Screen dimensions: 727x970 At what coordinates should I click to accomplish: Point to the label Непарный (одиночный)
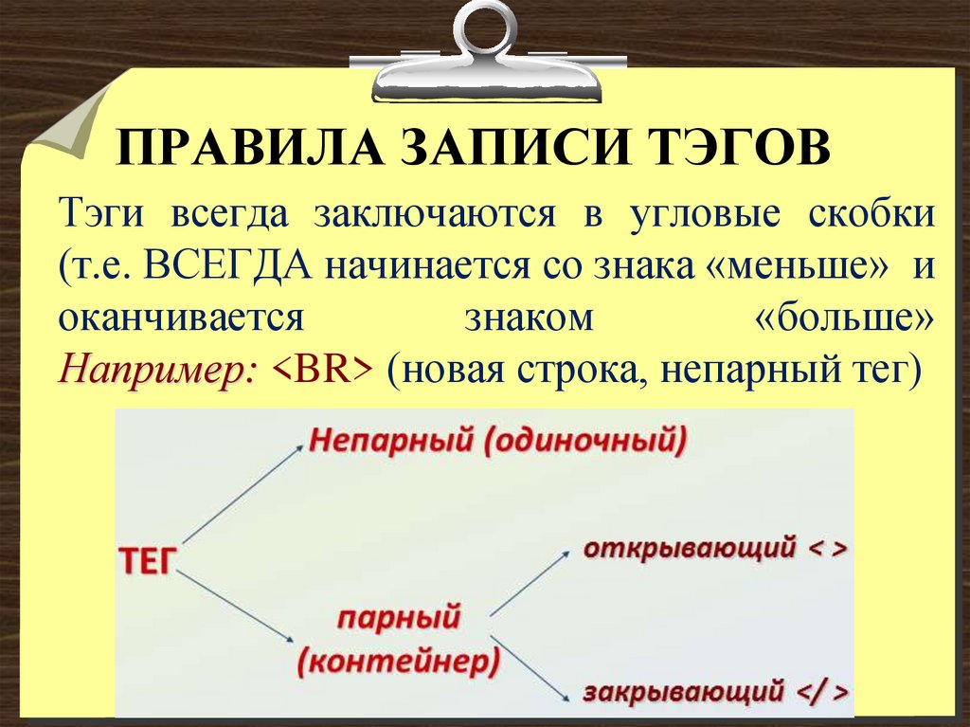pyautogui.click(x=496, y=441)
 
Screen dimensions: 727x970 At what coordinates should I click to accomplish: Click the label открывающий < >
pyautogui.click(x=714, y=549)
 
